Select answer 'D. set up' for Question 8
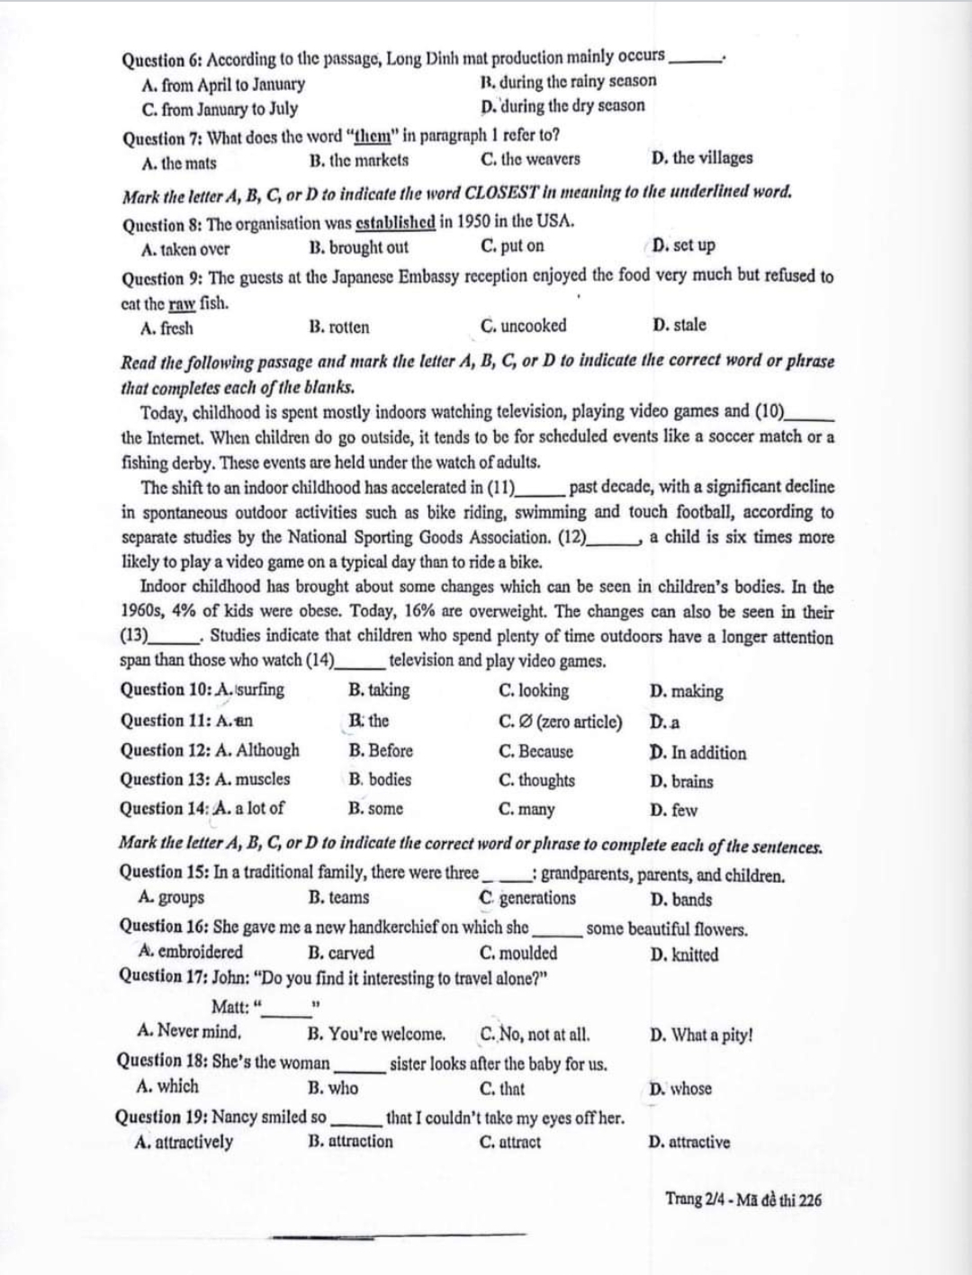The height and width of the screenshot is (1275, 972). pyautogui.click(x=683, y=246)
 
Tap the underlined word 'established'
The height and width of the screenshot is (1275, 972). pyautogui.click(x=396, y=222)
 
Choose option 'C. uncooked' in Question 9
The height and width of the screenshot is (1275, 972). pyautogui.click(x=524, y=326)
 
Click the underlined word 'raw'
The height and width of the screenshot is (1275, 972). pyautogui.click(x=183, y=303)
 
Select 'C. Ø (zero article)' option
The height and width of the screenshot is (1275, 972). pyautogui.click(x=560, y=722)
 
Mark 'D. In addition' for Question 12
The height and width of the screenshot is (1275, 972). pyautogui.click(x=697, y=753)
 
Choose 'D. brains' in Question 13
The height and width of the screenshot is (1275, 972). pyautogui.click(x=680, y=782)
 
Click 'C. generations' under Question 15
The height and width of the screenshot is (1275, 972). pyautogui.click(x=528, y=898)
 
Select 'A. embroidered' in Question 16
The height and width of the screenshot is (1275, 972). pyautogui.click(x=191, y=952)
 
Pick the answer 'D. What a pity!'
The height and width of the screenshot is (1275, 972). pyautogui.click(x=701, y=1035)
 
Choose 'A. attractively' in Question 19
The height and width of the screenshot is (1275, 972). pyautogui.click(x=184, y=1143)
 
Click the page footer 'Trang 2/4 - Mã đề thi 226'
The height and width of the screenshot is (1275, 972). pyautogui.click(x=742, y=1199)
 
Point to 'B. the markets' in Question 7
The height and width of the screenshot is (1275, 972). pyautogui.click(x=358, y=160)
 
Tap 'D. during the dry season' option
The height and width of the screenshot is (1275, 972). pyautogui.click(x=563, y=106)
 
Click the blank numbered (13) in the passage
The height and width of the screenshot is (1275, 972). pyautogui.click(x=162, y=637)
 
